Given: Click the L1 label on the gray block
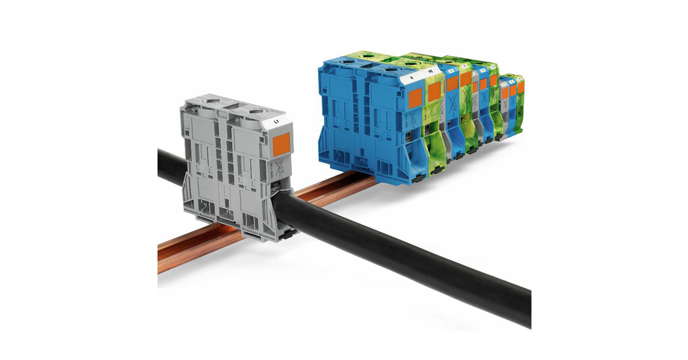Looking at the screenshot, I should click(276, 122).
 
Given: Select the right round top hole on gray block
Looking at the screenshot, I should click(253, 109).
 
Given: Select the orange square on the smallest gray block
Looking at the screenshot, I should click(505, 91).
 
